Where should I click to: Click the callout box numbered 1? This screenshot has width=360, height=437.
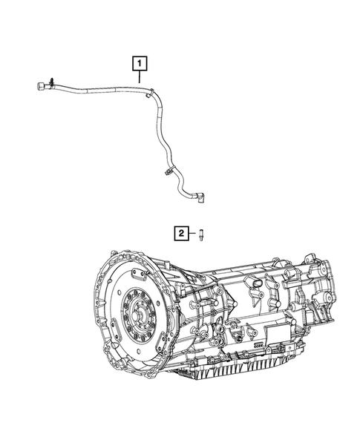138,65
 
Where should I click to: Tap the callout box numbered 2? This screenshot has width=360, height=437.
180,234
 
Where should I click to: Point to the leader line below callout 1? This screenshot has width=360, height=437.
138,80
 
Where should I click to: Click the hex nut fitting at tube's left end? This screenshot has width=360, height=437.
39,88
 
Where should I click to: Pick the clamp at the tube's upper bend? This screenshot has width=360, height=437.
151,93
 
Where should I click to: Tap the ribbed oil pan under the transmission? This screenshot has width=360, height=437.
245,371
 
